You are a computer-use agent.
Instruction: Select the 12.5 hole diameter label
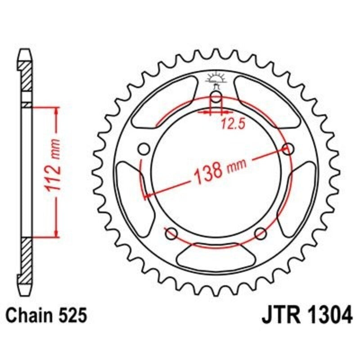pos(233,126)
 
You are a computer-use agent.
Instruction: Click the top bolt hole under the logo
pos(216,99)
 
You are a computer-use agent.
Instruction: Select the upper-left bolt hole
pos(144,149)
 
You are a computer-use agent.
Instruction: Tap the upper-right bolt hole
pos(288,149)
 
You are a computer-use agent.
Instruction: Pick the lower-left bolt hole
pos(171,234)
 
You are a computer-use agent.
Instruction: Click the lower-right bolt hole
pos(261,234)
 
